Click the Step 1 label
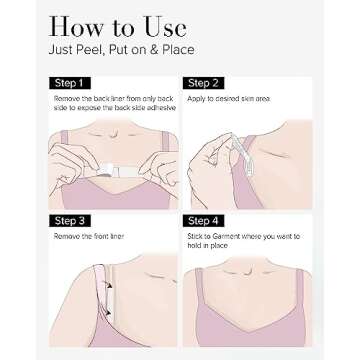coord(70,83)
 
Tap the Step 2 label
coord(203,83)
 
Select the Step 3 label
coord(70,221)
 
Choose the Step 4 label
coord(203,221)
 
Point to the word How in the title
coord(76,27)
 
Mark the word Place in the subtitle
coord(178,50)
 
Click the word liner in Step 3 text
coord(117,236)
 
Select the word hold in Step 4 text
coord(193,246)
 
